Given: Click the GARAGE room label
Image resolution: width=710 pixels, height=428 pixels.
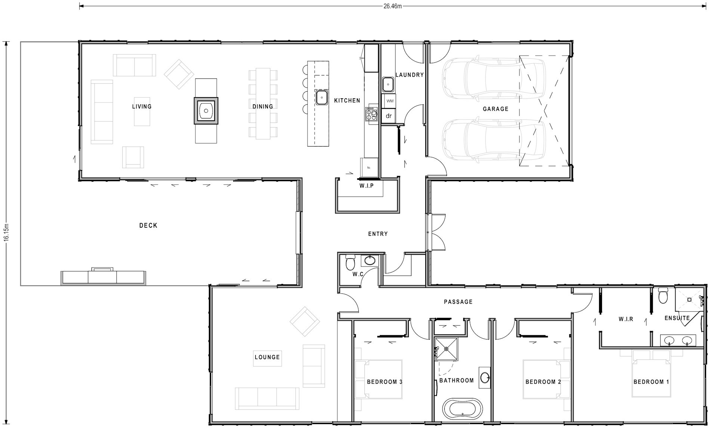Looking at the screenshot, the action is [x=496, y=109].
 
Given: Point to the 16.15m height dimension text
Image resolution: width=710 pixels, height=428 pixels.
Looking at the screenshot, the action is [x=6, y=233].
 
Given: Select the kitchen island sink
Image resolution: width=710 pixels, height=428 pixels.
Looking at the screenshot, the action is [x=321, y=98].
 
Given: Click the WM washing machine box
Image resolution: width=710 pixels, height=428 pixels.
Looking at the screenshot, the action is [x=389, y=101].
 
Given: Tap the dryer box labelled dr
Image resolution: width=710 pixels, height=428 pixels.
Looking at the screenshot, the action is [x=389, y=116].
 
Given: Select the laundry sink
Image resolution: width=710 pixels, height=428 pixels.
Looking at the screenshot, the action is [x=389, y=85].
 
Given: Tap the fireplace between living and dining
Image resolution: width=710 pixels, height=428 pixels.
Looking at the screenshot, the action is [x=206, y=110].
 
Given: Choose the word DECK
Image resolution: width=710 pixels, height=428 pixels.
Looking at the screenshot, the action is [x=148, y=225].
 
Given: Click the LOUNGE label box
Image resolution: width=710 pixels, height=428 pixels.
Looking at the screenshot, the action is [x=267, y=357].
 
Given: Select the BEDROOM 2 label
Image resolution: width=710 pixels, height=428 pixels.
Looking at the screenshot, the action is [x=543, y=382].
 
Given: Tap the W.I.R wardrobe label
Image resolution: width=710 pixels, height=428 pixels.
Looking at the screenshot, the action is [x=626, y=319].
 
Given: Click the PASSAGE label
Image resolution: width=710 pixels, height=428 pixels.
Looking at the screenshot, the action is [x=458, y=302].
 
